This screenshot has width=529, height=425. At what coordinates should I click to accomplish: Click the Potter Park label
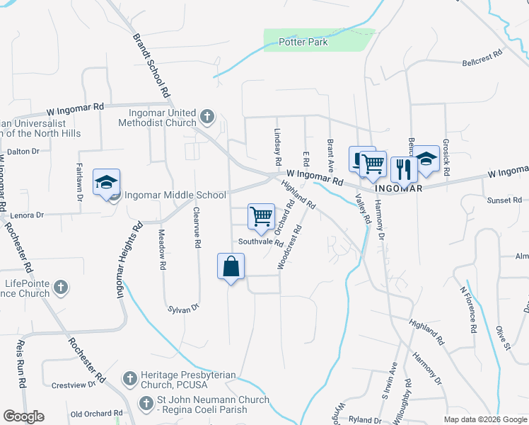pyautogui.click(x=303, y=42)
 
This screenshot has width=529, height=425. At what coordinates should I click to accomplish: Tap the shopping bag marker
pyautogui.click(x=231, y=267)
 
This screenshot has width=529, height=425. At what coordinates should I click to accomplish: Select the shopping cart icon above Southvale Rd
pyautogui.click(x=261, y=215)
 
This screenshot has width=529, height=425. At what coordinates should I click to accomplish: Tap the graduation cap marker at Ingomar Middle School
pyautogui.click(x=106, y=183)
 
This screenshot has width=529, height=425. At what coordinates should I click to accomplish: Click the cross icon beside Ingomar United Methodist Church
pyautogui.click(x=207, y=115)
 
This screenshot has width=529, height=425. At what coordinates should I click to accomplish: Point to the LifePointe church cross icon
pyautogui.click(x=61, y=288)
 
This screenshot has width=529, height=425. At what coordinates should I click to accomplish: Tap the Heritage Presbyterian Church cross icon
pyautogui.click(x=130, y=379)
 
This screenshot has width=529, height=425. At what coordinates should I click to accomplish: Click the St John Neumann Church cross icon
pyautogui.click(x=146, y=404)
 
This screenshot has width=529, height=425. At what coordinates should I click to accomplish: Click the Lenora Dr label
pyautogui.click(x=26, y=215)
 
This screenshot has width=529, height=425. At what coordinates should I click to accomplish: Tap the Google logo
pyautogui.click(x=23, y=416)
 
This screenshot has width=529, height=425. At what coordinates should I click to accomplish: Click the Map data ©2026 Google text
pyautogui.click(x=484, y=419)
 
